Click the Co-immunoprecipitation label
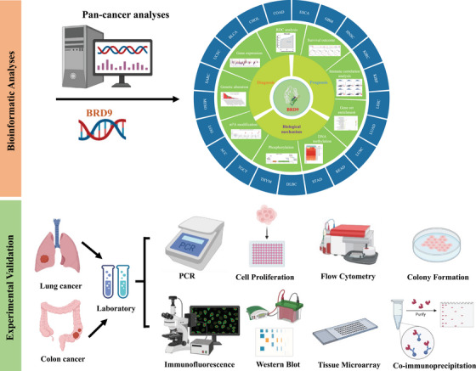(x=429, y=363)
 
